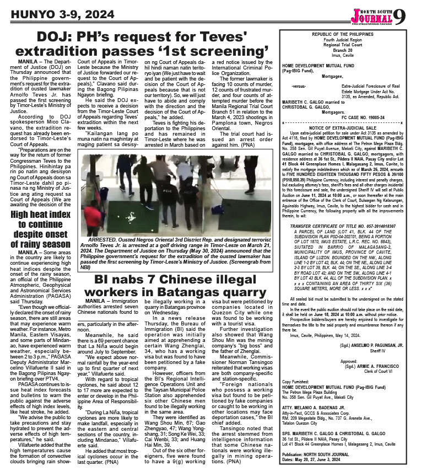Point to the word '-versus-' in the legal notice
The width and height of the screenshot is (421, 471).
(299, 86)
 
